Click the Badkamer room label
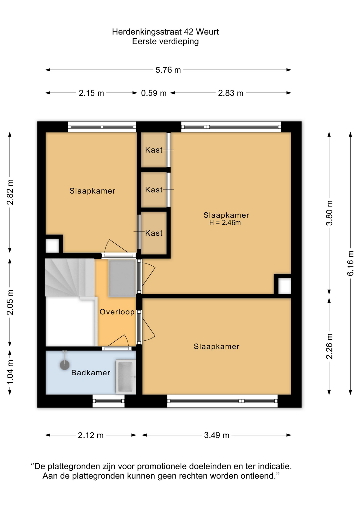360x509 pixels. pos(91,373)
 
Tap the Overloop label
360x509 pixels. pos(117,312)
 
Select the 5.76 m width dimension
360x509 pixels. pos(168,70)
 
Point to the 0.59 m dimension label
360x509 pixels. pos(154,93)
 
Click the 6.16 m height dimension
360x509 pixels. pos(350,263)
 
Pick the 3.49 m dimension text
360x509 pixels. pos(217,435)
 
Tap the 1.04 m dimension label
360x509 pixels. pos(10,372)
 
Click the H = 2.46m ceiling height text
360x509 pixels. pos(225,223)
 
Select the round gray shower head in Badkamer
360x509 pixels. pos(65,365)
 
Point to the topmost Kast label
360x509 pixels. pos(154,150)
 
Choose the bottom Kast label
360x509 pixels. pos(154,233)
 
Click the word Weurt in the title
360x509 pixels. pos(207,32)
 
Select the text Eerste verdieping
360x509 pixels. pos(165,42)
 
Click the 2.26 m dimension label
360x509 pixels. pos(329,346)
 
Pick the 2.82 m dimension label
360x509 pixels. pos(10,192)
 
